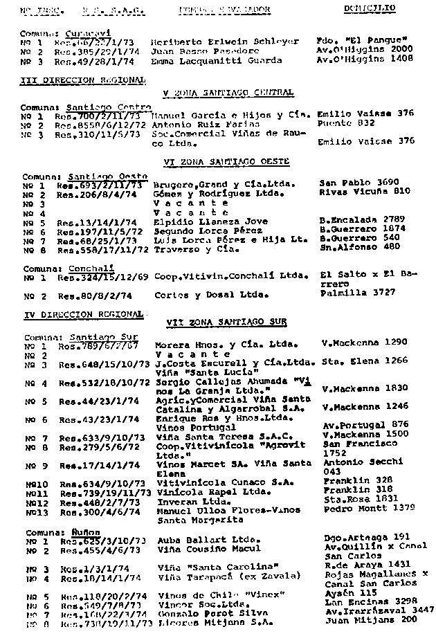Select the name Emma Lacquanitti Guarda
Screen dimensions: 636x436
pyautogui.click(x=216, y=60)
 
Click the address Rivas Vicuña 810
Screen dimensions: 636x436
pyautogui.click(x=360, y=192)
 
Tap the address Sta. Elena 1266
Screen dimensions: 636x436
pyautogui.click(x=365, y=361)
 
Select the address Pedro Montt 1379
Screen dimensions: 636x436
pyautogui.click(x=369, y=508)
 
